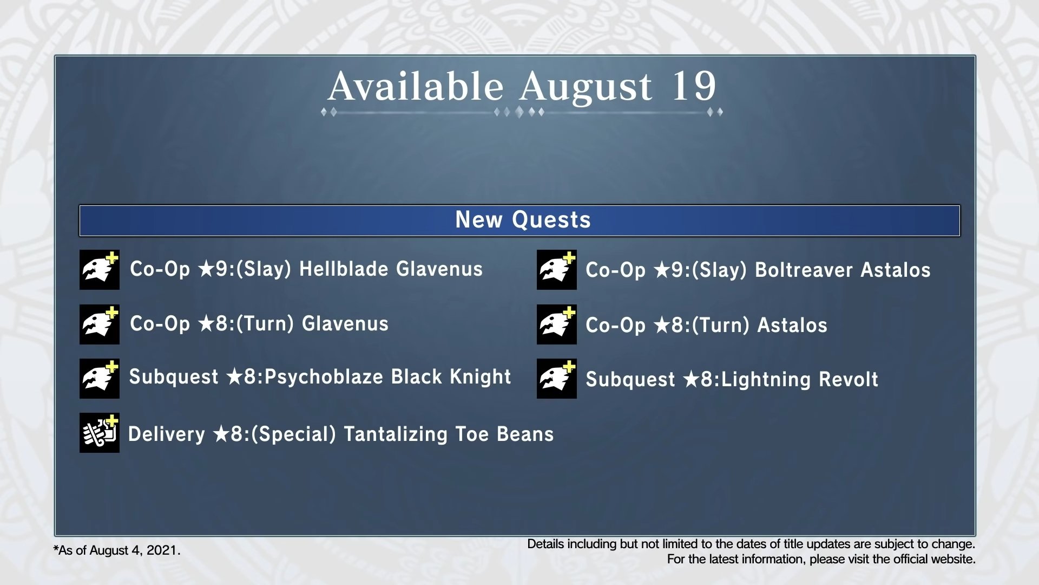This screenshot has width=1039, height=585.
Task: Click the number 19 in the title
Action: (x=694, y=86)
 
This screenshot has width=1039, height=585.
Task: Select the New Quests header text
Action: (x=523, y=220)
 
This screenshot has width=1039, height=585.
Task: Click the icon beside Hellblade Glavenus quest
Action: (x=100, y=270)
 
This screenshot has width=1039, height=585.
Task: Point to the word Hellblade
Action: (x=344, y=269)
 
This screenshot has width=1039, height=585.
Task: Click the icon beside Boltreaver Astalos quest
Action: (x=557, y=270)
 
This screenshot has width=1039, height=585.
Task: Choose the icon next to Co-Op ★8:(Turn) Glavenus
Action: (x=100, y=324)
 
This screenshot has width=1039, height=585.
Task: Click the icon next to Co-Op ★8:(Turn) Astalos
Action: (x=557, y=324)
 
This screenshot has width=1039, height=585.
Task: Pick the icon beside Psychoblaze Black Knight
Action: (x=100, y=379)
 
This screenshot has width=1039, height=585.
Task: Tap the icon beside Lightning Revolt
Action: (x=557, y=379)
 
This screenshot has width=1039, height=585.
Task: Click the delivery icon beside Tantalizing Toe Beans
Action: (x=100, y=433)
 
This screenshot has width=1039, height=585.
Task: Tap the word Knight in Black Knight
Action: (x=481, y=377)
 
